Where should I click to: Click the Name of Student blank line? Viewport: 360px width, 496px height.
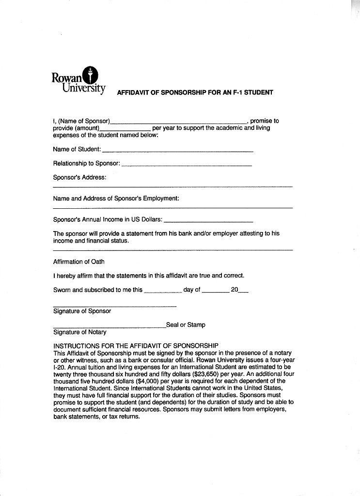click(178, 151)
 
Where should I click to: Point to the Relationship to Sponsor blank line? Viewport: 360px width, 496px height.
click(186, 165)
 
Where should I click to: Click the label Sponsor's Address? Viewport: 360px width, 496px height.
click(79, 177)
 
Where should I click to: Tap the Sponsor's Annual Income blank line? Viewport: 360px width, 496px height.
click(208, 221)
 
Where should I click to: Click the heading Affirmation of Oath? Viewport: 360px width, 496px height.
click(78, 262)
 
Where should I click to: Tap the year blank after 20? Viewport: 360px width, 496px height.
click(244, 292)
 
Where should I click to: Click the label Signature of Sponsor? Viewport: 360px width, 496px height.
click(82, 311)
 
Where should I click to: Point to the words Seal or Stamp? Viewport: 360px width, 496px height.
click(186, 325)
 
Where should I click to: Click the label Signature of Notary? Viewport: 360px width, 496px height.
click(79, 332)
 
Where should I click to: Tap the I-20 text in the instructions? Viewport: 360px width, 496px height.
click(59, 367)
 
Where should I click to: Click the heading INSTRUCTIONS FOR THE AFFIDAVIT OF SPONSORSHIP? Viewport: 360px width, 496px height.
click(136, 346)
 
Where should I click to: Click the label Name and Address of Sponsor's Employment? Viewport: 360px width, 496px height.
click(116, 198)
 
